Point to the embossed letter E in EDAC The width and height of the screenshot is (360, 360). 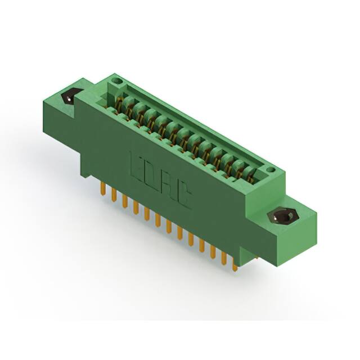[137, 164]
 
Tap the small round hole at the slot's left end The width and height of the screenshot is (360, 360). [116, 82]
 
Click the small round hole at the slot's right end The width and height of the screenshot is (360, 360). [271, 169]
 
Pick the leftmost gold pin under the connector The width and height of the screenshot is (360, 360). [103, 189]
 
